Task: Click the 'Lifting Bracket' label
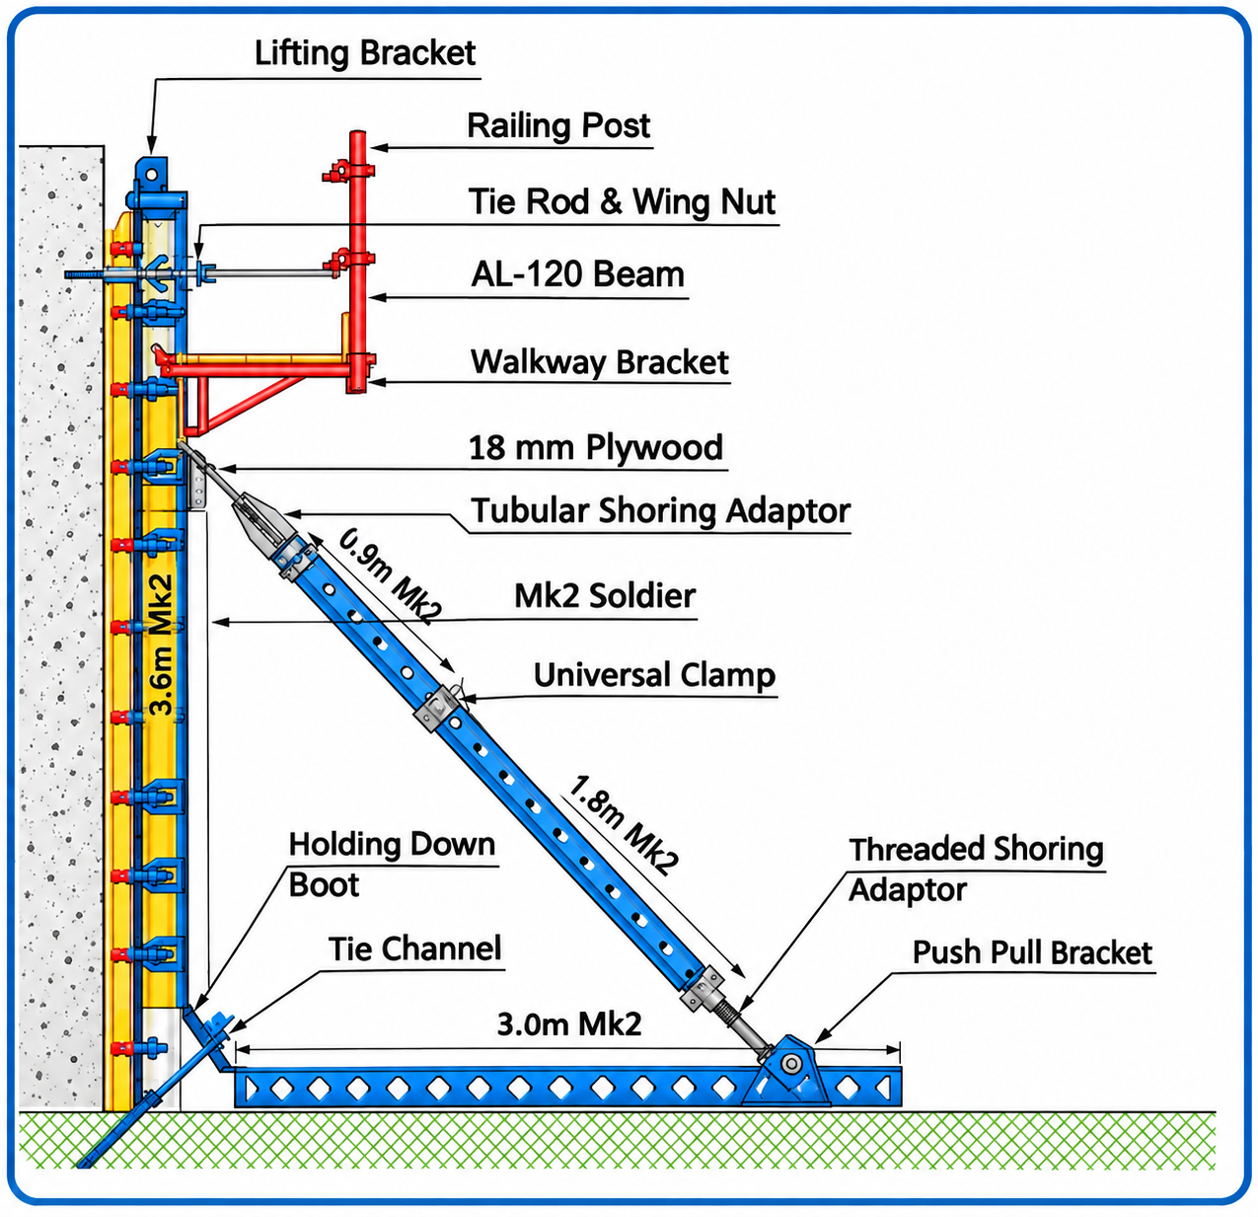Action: coord(365,53)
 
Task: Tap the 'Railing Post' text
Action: coord(557,125)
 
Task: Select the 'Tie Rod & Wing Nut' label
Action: coord(622,201)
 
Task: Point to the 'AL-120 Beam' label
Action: coord(577,274)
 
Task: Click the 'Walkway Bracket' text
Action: coord(599,361)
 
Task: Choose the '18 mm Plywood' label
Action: coord(595,447)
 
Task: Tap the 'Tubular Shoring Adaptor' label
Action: coord(660,511)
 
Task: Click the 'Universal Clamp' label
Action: coord(654,675)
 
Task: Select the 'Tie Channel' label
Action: coord(414,949)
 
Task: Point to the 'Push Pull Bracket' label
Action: coord(1032,952)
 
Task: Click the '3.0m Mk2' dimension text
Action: coord(569,1025)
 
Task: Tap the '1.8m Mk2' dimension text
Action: coord(624,826)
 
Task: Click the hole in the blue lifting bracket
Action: coord(151,176)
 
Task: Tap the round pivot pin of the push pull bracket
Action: coord(790,1064)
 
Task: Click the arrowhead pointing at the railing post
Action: coord(379,147)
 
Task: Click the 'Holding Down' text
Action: coord(392,844)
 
